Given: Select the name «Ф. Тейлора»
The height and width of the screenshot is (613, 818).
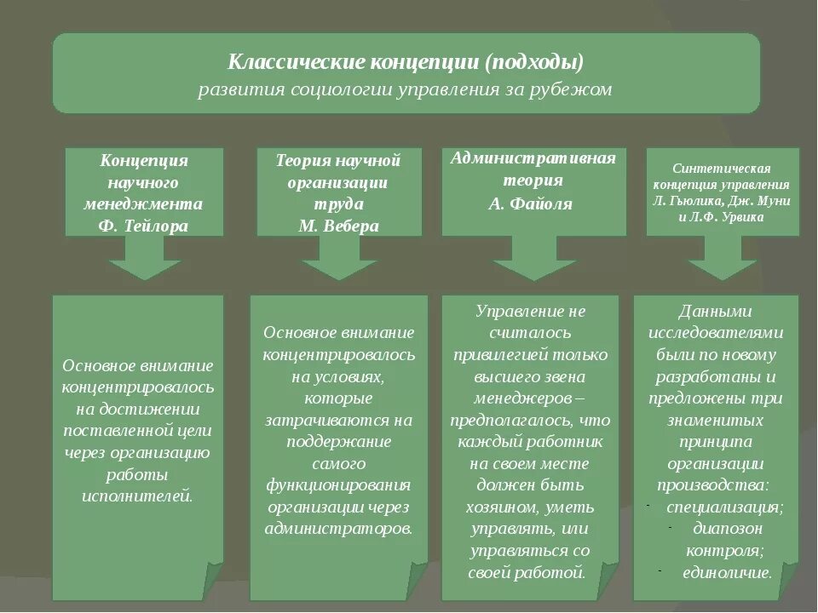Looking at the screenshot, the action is click(145, 226).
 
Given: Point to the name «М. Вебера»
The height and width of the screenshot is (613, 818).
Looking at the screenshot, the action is click(338, 226).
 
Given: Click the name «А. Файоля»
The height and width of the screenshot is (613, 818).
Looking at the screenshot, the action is click(530, 204).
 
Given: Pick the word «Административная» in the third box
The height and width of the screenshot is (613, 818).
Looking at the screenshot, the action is click(533, 158).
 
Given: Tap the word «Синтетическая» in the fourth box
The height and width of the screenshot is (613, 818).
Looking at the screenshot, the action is click(722, 168).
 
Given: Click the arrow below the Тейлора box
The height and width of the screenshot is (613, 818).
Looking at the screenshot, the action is click(145, 257).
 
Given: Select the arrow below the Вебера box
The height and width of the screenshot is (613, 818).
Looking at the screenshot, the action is click(338, 257).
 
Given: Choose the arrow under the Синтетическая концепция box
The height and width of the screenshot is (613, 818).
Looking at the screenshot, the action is click(723, 257).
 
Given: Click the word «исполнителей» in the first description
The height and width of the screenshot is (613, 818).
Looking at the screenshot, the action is click(138, 495).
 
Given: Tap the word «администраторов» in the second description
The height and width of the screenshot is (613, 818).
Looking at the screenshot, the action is click(337, 528).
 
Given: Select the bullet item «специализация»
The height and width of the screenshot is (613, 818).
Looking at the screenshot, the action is click(723, 507).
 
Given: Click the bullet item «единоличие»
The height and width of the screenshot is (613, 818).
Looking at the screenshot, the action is click(726, 572).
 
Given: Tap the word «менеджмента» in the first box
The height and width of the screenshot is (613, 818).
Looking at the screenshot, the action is click(143, 203).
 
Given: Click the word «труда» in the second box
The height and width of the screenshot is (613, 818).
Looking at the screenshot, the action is click(337, 203).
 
